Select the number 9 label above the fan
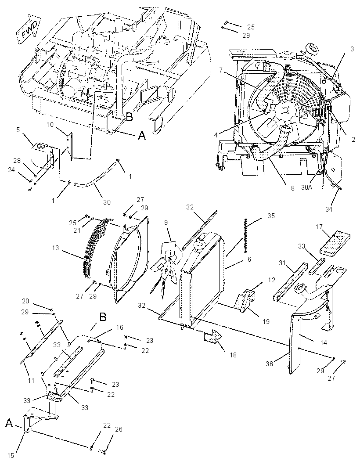coord(166,222)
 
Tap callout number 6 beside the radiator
coord(249,259)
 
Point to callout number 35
coord(271,216)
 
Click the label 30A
coord(307,187)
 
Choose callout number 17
coord(319,227)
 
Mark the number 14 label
coord(323,343)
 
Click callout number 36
coord(270,364)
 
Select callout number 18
coord(233,355)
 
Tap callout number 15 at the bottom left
coord(11,456)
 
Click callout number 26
coord(119,429)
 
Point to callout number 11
coord(31,381)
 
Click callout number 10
coord(50,124)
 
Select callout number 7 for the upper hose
coord(220,70)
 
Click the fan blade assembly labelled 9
coord(166,263)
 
